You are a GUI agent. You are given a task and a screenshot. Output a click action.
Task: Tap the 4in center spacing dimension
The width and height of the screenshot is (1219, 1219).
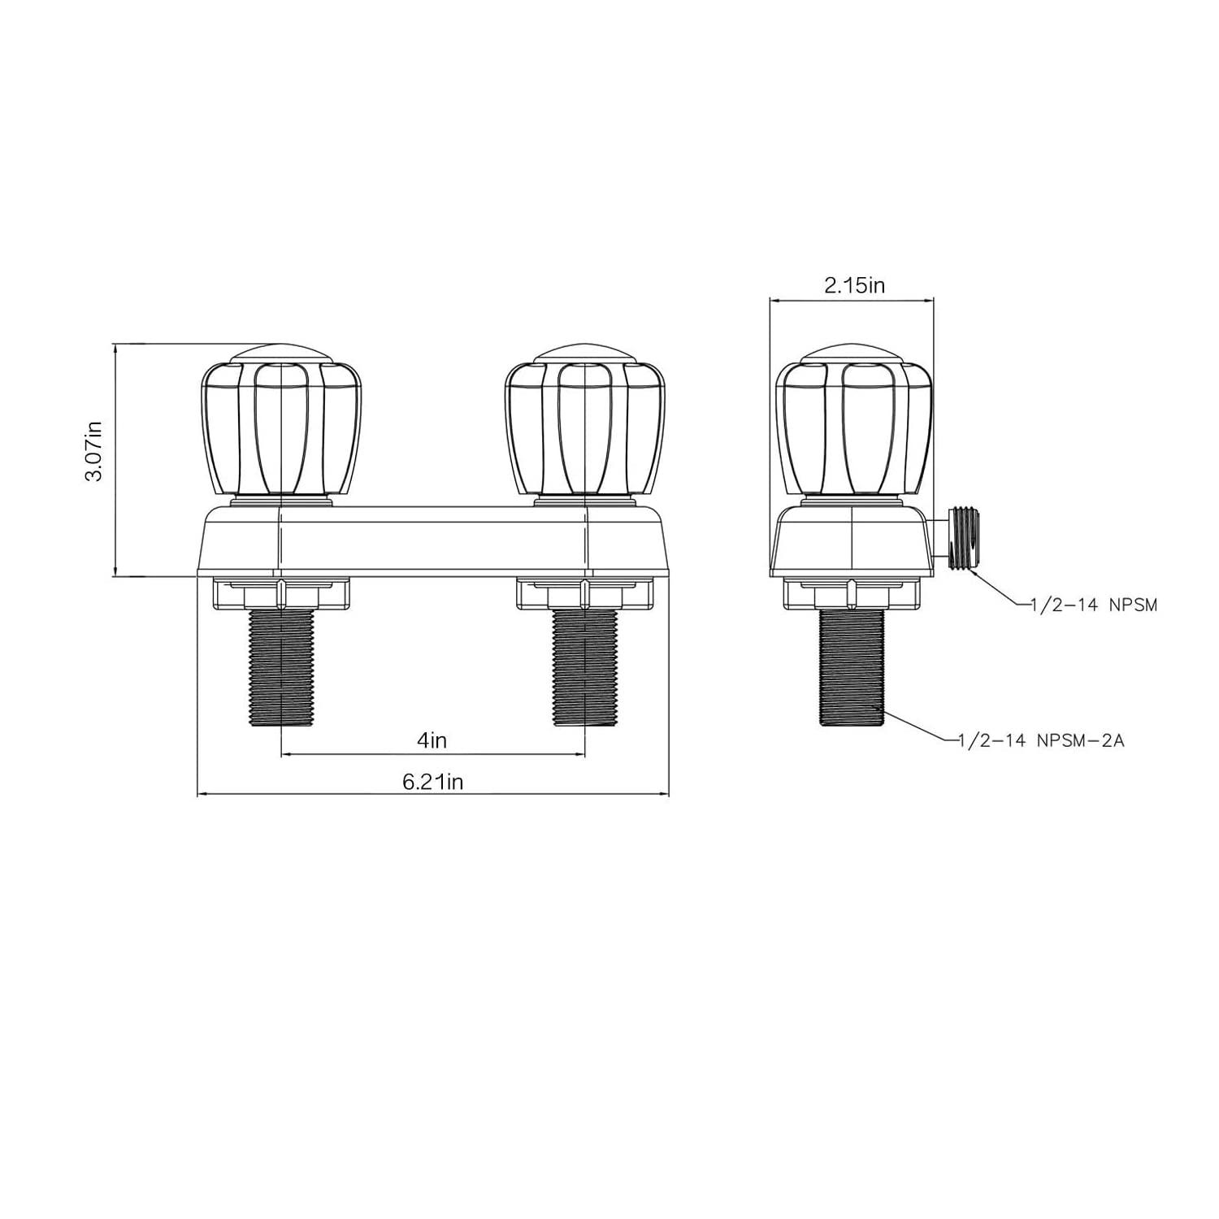[432, 740]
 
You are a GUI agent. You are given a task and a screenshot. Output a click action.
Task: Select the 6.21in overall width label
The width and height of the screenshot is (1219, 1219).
[432, 782]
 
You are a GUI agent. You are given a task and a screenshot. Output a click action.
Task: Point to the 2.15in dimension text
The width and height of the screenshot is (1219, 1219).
[854, 285]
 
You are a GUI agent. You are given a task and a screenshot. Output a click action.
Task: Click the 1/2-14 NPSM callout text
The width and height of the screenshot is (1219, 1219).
[1093, 605]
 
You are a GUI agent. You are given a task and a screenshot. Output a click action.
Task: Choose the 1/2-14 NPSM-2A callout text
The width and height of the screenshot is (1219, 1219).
[1041, 740]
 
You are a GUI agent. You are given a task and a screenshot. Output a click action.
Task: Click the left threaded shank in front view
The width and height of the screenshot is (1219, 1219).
[281, 668]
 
